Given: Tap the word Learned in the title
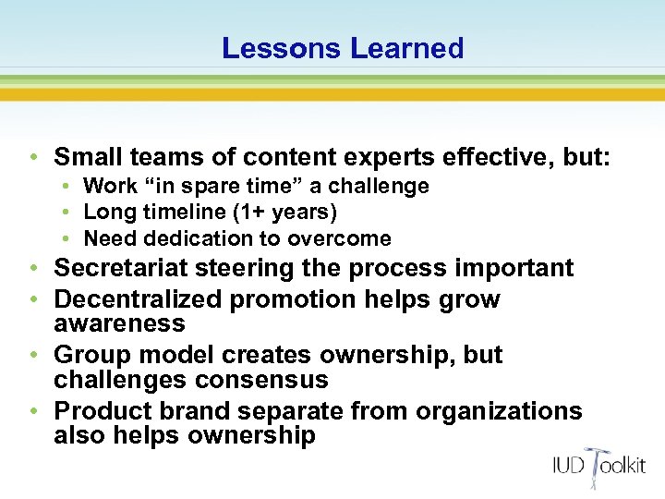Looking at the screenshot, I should (406, 48).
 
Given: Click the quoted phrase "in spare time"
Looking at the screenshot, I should (204, 186).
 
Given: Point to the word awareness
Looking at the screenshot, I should (119, 323).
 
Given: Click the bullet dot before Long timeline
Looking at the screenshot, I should (70, 213).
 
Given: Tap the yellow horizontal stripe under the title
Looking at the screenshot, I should (332, 93).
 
